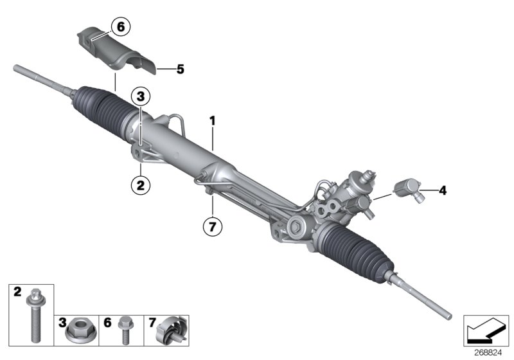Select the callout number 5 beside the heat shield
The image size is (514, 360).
[180, 67]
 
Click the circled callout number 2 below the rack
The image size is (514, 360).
[141, 185]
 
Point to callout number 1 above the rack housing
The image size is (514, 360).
[212, 120]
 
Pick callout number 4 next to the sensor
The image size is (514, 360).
[441, 190]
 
